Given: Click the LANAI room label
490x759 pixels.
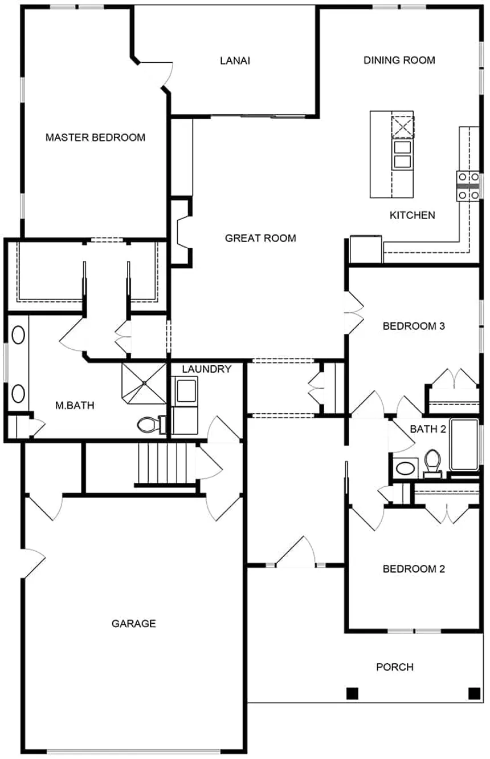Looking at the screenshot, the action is pos(235,60).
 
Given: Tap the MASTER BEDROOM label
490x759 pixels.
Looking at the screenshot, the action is pos(95,137).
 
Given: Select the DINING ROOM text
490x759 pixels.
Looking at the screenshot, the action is pos(399,60).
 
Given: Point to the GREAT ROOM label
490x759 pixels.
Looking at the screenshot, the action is pos(260,238).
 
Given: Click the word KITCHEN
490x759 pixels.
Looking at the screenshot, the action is pos(412,215).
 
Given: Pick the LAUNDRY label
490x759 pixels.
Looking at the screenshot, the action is pos(206,369).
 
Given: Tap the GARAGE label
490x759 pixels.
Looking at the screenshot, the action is pos(134,623).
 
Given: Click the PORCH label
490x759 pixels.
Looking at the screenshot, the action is pos(395,667).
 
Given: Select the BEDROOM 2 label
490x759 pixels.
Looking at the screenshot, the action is pos(414,568).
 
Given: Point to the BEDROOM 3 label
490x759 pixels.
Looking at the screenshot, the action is pos(414,326).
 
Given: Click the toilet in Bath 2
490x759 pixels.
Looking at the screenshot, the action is pos(432,463).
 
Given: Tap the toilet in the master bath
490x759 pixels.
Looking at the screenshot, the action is pos(151,425).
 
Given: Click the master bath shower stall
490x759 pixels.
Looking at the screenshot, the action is pos(144,383).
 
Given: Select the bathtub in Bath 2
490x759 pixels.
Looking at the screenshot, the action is pos(464,445).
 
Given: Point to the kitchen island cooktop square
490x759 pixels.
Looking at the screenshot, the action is pos(403,127).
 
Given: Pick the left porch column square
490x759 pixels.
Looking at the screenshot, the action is pos(352,693).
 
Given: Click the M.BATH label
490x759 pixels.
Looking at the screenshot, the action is pos(75,405).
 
